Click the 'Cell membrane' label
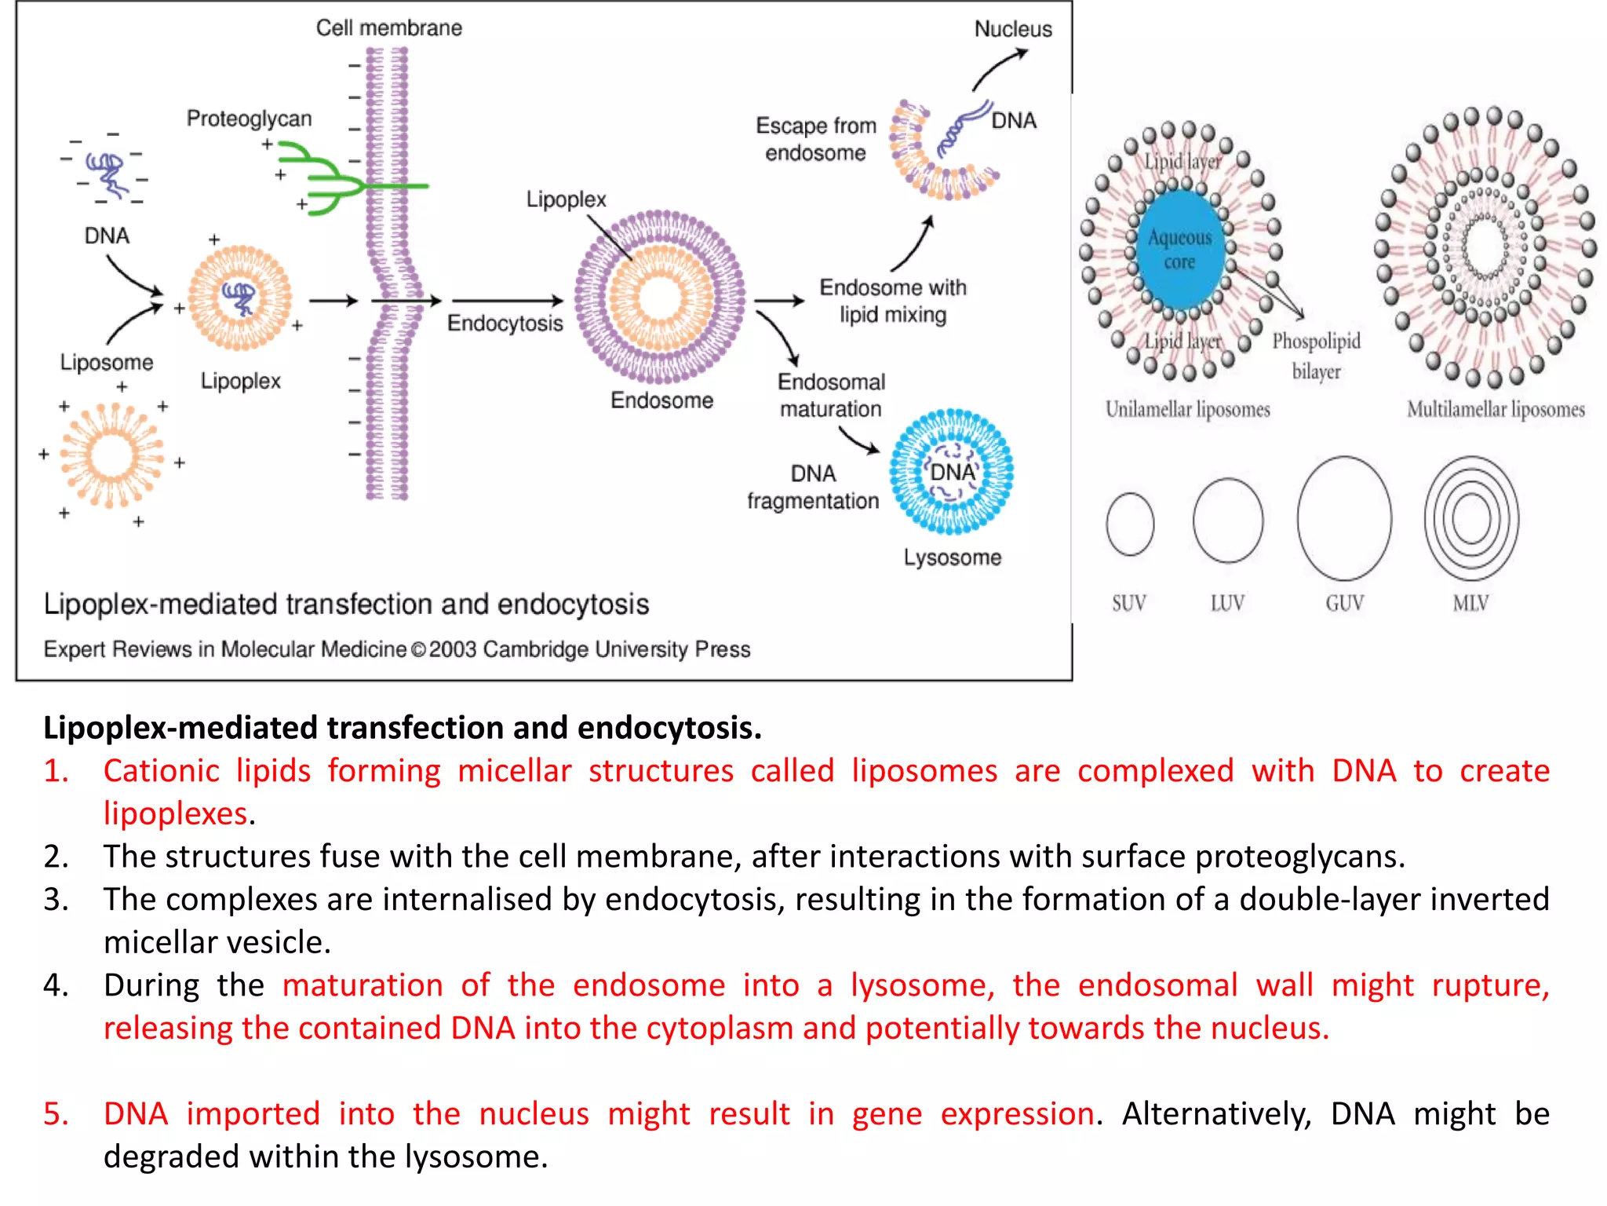pos(389,28)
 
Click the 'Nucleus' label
pos(1013,29)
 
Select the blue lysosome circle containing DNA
pos(951,471)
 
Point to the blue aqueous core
pos(1179,250)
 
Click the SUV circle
pos(1130,524)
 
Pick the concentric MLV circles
pos(1471,518)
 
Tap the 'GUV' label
pos(1344,603)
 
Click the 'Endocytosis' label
pos(505,323)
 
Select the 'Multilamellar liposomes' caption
pos(1496,409)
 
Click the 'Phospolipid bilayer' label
pos(1316,356)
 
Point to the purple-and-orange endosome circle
pos(660,297)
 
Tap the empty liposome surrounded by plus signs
pos(111,455)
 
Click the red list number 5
pos(56,1113)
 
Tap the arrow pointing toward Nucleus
pos(998,68)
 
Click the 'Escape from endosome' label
pos(815,139)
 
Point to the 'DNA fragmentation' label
pos(813,487)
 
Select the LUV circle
pos(1228,521)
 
